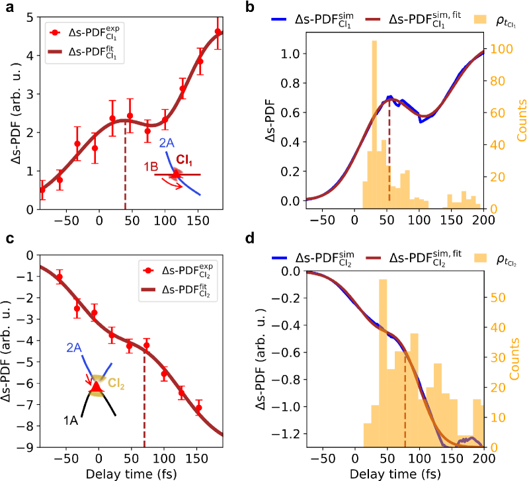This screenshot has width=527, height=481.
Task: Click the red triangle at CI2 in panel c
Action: (97, 386)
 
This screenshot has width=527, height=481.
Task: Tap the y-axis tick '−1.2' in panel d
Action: (285, 433)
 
